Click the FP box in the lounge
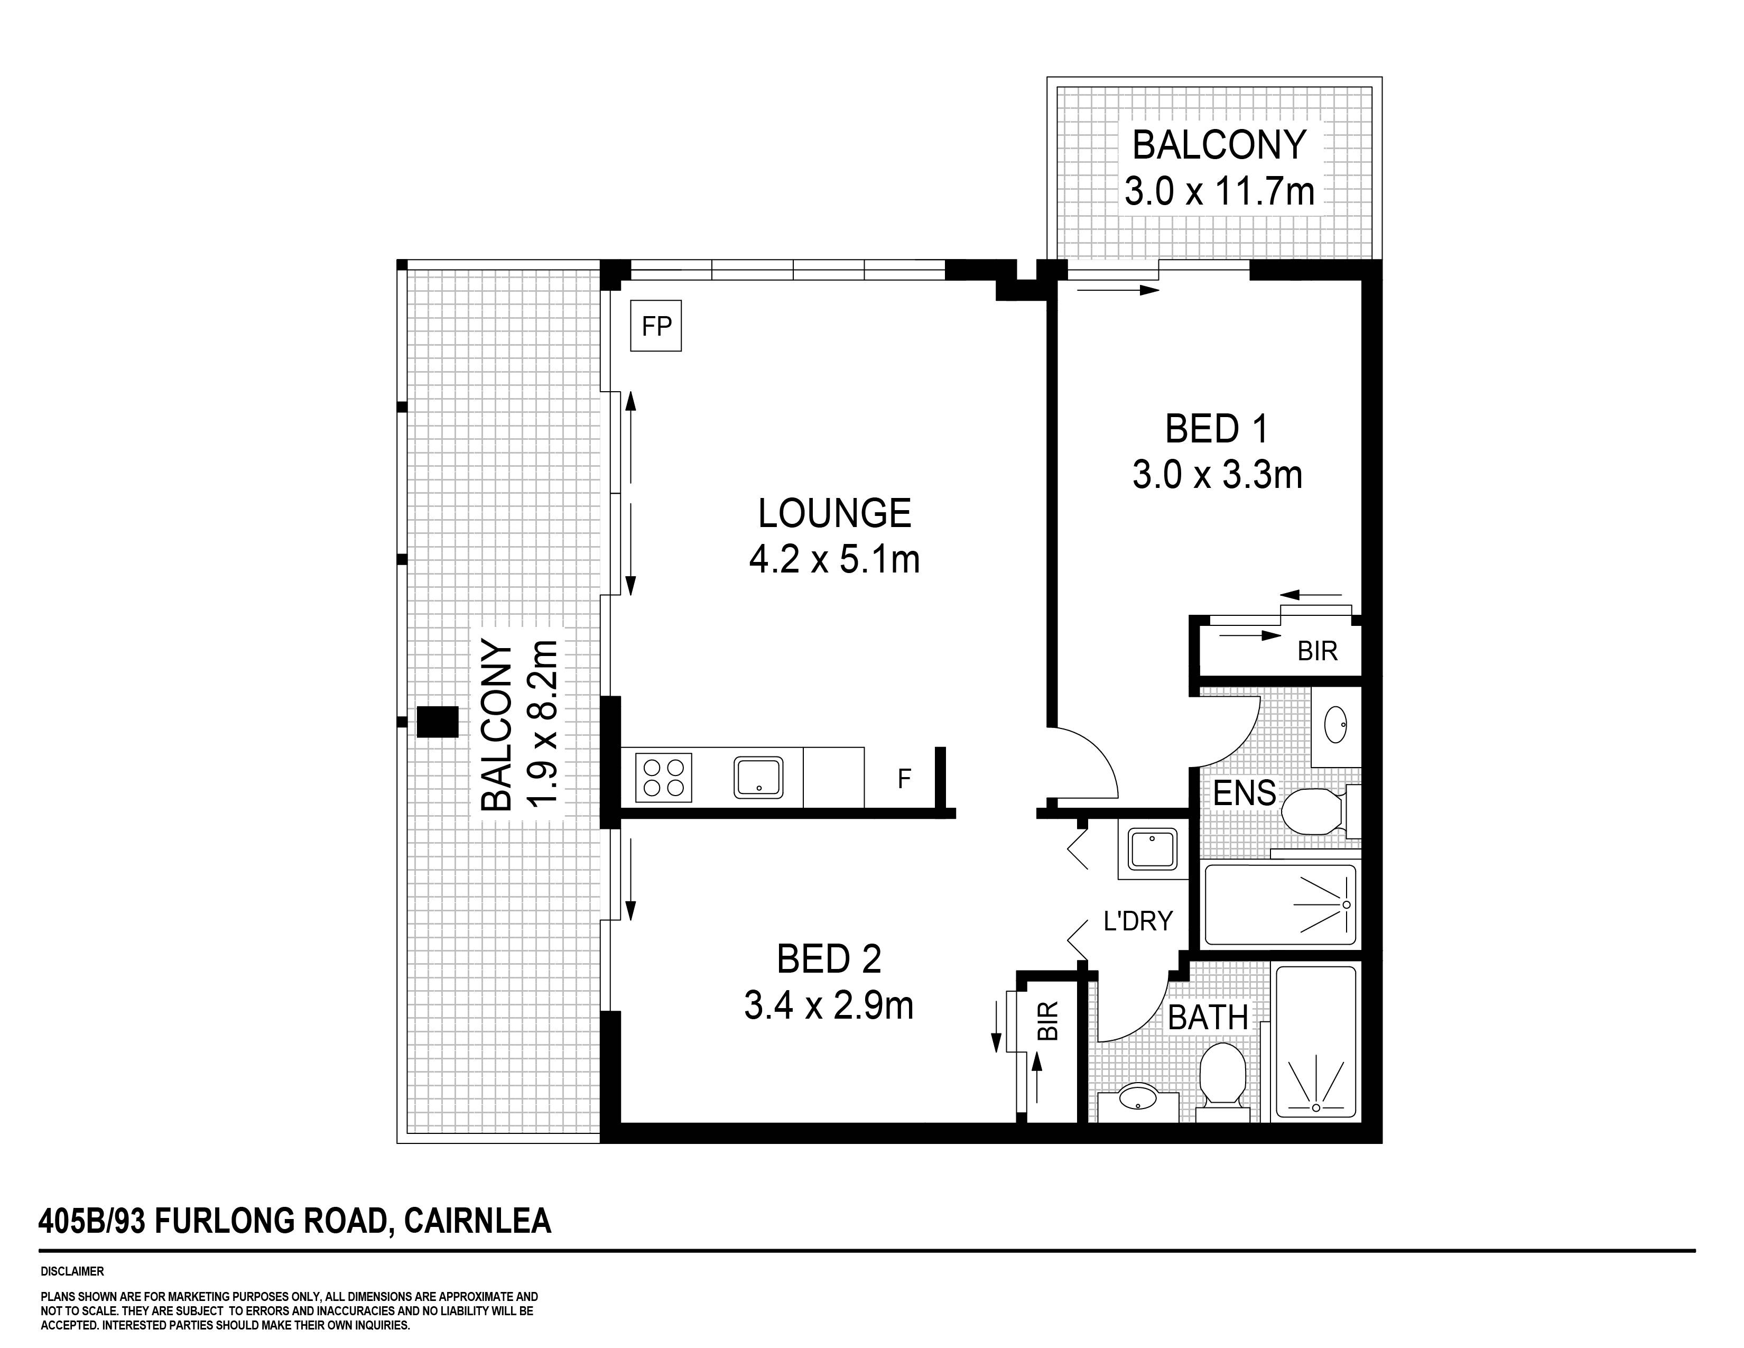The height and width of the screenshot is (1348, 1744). click(x=656, y=326)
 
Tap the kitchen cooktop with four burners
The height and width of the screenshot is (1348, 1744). click(x=663, y=777)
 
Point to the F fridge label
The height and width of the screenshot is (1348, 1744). click(x=904, y=779)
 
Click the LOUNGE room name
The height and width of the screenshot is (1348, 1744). click(x=834, y=513)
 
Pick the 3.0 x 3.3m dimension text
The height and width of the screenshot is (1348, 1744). click(x=1217, y=475)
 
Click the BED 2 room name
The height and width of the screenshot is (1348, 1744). click(x=829, y=959)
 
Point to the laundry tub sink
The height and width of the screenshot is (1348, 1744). click(x=1152, y=849)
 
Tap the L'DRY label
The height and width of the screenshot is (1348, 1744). click(x=1138, y=921)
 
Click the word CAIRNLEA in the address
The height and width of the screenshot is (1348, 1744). click(x=478, y=1221)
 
